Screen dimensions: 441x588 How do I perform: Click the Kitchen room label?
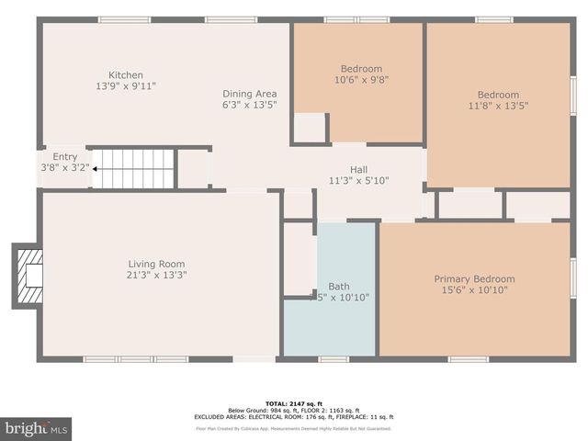(126, 75)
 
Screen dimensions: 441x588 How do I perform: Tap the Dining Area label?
(249, 94)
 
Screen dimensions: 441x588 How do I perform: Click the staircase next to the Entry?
(134, 169)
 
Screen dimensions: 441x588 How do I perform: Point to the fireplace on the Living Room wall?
(28, 274)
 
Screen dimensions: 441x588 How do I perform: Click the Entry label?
(65, 157)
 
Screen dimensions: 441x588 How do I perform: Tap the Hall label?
(359, 169)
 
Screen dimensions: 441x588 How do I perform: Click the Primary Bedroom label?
(474, 279)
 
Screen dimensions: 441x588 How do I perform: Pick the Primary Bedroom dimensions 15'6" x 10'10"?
(474, 290)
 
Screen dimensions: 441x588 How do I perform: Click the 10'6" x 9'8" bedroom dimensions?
(361, 80)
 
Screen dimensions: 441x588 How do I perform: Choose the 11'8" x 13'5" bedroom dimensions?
(497, 106)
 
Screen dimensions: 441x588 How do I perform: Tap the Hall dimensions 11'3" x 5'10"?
(359, 180)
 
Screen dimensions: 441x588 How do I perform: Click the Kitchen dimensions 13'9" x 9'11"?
(126, 86)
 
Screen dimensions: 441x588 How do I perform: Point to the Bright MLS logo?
(37, 428)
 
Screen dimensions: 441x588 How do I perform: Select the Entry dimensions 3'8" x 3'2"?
(65, 168)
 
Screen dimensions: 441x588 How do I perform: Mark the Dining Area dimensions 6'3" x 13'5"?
(249, 105)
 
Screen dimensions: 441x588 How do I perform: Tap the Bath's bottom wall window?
(334, 358)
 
